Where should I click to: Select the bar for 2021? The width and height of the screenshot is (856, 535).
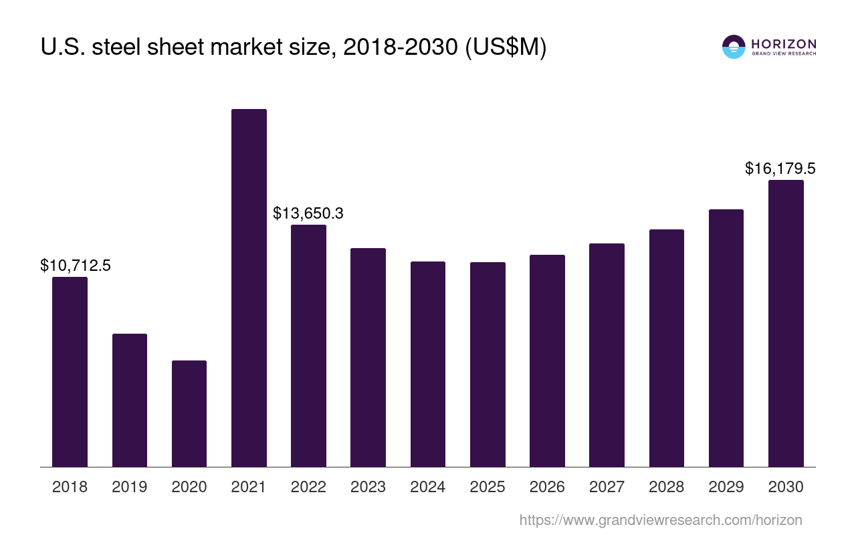249,288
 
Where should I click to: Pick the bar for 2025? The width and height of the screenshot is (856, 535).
488,364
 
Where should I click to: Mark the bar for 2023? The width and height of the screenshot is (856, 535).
368,357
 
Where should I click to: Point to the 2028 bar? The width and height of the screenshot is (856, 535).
667,348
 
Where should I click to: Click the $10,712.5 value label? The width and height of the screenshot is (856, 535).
76,265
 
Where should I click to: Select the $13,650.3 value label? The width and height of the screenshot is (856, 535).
308,213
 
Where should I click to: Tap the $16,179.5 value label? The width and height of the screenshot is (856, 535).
780,169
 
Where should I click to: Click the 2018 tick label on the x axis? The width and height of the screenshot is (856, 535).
70,487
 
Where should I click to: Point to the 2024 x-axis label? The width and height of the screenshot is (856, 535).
428,487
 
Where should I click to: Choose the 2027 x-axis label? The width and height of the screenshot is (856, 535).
607,487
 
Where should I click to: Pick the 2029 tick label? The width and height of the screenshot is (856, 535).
726,487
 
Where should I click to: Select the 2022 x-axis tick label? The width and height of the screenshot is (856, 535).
308,487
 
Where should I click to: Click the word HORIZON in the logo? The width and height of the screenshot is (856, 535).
784,44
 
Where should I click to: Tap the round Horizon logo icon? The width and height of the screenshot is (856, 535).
734,47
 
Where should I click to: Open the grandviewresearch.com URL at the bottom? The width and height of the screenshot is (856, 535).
660,520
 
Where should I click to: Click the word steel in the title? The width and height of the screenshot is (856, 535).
112,47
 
